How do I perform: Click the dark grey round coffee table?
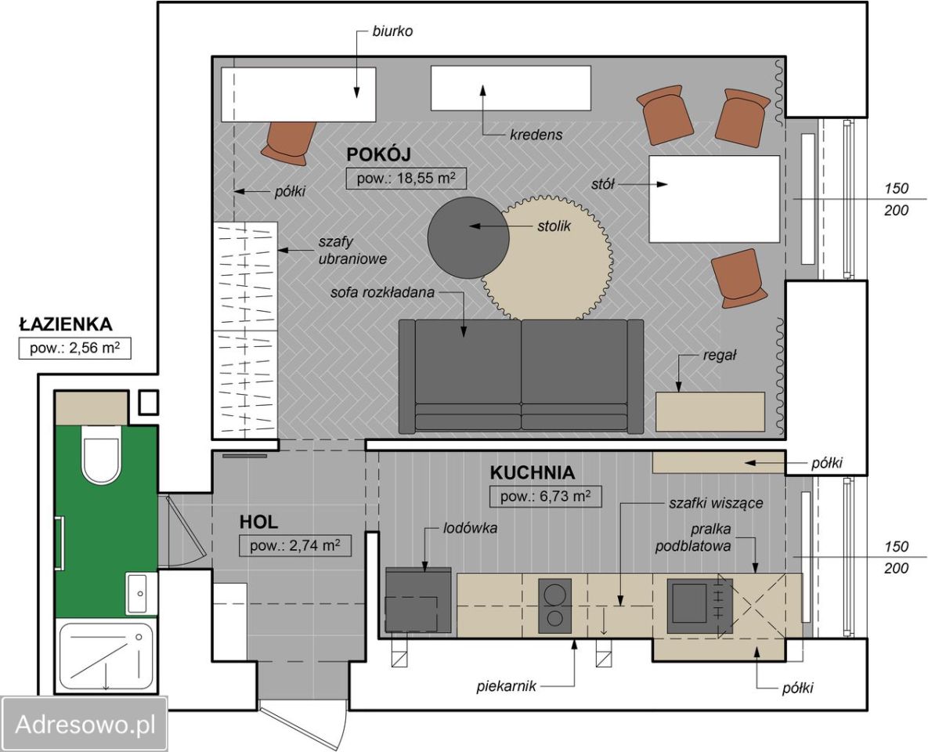click(x=468, y=237)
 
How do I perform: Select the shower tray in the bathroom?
click(x=106, y=656)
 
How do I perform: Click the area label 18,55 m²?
click(x=406, y=179)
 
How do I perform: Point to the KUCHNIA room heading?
click(x=532, y=472)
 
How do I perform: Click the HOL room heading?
click(x=258, y=522)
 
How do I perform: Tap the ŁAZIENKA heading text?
click(x=66, y=324)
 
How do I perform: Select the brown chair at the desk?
click(x=290, y=142)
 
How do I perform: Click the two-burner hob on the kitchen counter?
click(x=555, y=606)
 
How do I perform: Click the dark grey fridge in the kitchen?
click(x=418, y=600)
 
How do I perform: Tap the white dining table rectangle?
click(x=714, y=199)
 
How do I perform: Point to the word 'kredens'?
click(x=536, y=135)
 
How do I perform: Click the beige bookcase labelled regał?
click(x=710, y=411)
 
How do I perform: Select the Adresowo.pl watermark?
click(x=85, y=724)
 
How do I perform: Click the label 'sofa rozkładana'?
click(x=382, y=292)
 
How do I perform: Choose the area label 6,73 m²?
click(x=546, y=496)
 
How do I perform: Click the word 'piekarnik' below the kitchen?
click(x=506, y=686)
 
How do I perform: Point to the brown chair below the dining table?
click(x=738, y=278)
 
